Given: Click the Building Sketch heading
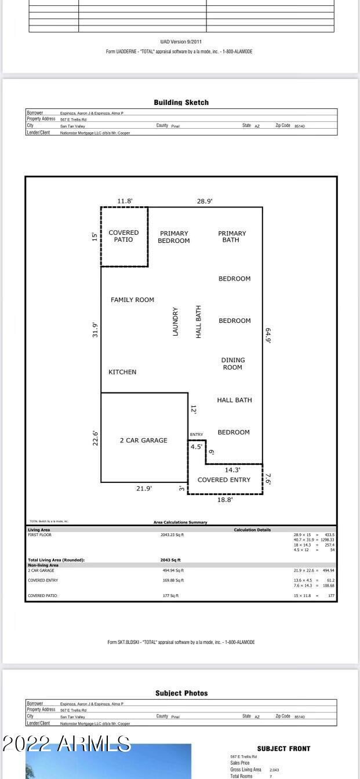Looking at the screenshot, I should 181,103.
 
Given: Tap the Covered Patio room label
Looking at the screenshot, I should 123,236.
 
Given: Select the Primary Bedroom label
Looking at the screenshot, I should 174,237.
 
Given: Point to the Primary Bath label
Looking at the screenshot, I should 232,236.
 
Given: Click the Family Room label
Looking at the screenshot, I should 132,300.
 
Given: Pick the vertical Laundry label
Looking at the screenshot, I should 176,322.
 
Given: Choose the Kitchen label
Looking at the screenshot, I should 122,372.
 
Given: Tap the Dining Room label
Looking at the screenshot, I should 232,363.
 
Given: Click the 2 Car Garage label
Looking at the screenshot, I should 143,441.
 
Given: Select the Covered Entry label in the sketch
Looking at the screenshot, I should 224,480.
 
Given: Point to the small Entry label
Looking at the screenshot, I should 197,435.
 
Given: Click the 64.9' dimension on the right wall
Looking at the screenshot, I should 268,336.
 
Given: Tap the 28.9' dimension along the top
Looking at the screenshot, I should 205,201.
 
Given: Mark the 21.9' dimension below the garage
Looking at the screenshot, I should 144,489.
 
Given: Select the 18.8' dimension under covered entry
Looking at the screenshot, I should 225,500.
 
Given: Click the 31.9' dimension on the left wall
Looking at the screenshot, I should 96,330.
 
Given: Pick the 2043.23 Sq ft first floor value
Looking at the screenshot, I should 172,535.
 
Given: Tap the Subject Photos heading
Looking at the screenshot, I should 181,693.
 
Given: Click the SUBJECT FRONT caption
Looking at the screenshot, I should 283,749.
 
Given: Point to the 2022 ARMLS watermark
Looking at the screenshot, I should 67,744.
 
